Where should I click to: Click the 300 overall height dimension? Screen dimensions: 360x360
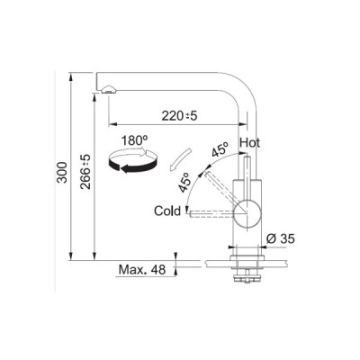pos(62,173)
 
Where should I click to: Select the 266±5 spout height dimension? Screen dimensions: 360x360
pos(86,172)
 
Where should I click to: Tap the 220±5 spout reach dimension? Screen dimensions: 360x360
pos(180,115)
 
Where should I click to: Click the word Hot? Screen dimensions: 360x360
pos(249,143)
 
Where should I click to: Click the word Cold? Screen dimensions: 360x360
pos(167,211)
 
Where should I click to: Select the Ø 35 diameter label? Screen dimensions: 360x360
pos(281,238)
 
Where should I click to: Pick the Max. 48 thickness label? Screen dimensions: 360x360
pos(142,270)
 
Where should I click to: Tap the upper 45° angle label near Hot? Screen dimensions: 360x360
pos(220,148)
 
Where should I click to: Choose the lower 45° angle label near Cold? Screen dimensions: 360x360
pos(184,182)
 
